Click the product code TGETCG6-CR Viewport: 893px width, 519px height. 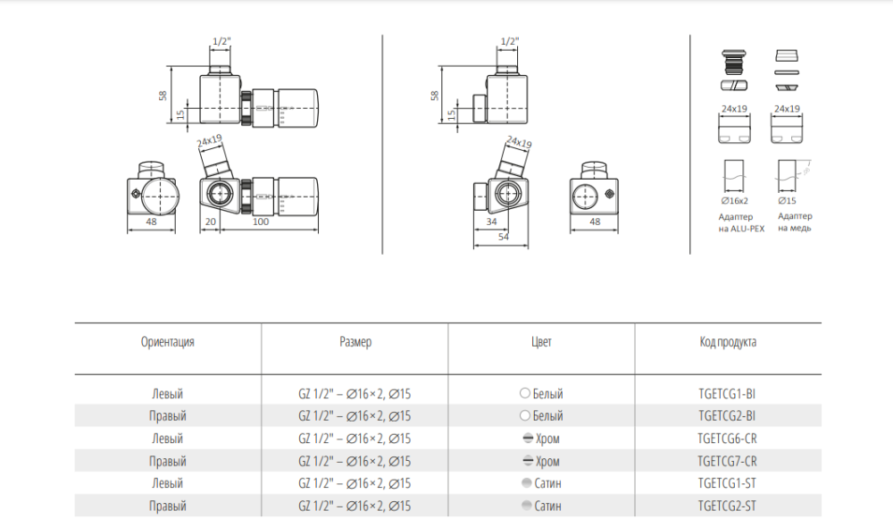(727, 439)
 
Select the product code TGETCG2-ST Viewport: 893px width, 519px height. (727, 506)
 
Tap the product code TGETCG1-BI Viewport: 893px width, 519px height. (727, 394)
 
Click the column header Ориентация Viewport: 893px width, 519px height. (168, 342)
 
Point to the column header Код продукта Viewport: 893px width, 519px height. (728, 342)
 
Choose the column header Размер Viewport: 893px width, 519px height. (355, 342)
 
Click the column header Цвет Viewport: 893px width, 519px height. (541, 342)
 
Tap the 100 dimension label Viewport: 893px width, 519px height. (260, 222)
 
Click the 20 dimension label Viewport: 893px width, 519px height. (210, 222)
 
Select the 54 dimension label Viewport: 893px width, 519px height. (504, 237)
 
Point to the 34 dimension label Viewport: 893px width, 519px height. (491, 222)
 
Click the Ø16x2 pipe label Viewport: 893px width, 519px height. (735, 200)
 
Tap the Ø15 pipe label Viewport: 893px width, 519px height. (787, 200)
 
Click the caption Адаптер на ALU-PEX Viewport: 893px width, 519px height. (741, 222)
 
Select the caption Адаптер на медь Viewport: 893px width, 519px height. (795, 222)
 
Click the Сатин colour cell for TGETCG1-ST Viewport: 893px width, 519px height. (542, 483)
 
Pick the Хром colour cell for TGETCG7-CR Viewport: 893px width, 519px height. (541, 461)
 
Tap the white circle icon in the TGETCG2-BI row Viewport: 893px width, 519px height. (525, 416)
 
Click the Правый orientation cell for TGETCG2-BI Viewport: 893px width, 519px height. (168, 416)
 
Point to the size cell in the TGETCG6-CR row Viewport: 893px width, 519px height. (355, 439)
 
